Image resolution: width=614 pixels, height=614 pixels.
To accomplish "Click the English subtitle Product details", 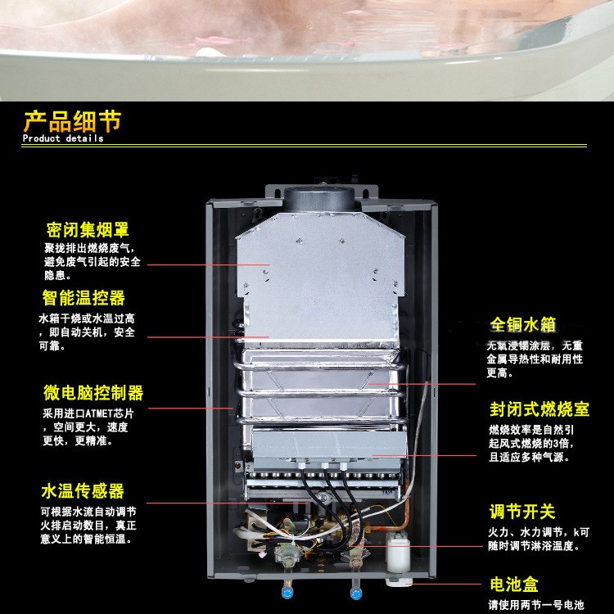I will (63, 139).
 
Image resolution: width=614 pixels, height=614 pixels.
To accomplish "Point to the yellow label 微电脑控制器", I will (93, 392).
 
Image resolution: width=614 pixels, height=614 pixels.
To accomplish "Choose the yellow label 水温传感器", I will (84, 491).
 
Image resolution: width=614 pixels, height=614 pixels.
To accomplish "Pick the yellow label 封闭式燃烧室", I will (539, 408).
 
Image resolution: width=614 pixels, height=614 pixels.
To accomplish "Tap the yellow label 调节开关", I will (522, 512).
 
